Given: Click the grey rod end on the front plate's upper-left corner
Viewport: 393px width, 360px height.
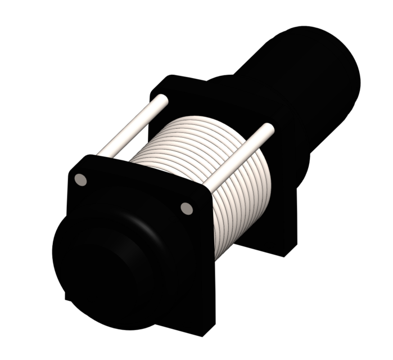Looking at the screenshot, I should tap(80, 179).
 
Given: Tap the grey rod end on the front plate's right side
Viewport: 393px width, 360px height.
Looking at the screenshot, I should tap(187, 208).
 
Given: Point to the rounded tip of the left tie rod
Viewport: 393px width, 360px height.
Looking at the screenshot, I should tap(162, 100).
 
